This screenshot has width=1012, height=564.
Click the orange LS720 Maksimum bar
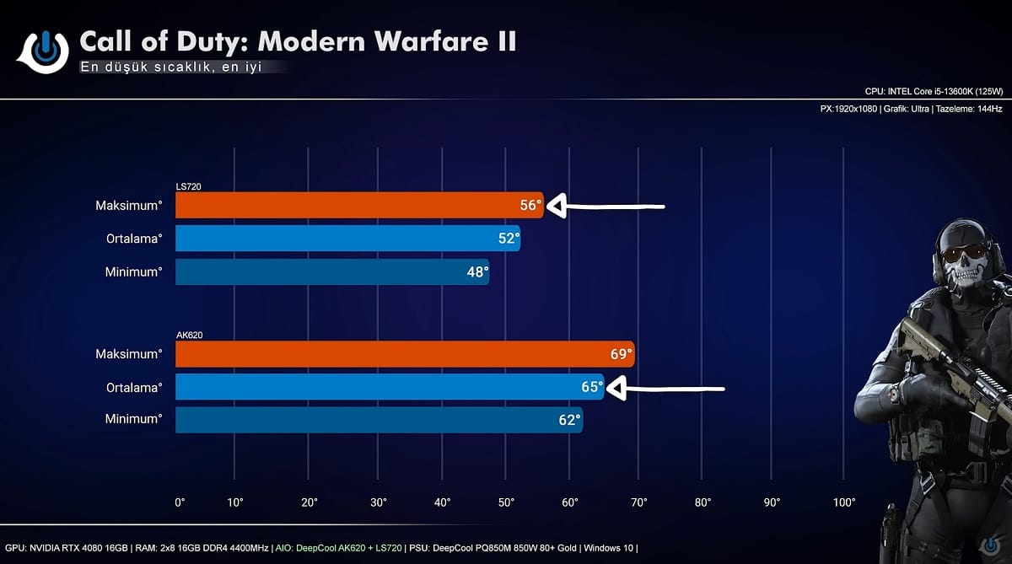tap(354, 206)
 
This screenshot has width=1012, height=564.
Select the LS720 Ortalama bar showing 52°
tap(346, 239)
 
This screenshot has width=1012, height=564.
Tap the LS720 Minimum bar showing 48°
tap(329, 271)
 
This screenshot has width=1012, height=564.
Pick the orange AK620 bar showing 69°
tap(396, 354)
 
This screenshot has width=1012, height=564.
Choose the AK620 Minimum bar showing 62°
tap(371, 420)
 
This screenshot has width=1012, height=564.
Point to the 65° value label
tap(592, 388)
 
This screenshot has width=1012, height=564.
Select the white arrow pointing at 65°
tap(666, 389)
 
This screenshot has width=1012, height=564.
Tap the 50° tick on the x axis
tap(506, 502)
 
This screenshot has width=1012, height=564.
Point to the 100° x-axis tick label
tap(843, 502)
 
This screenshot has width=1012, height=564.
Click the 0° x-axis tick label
tap(180, 502)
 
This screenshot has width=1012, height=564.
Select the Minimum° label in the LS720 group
tap(133, 271)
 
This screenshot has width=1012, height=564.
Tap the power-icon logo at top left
tap(43, 50)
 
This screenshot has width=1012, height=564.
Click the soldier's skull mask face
tap(962, 257)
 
